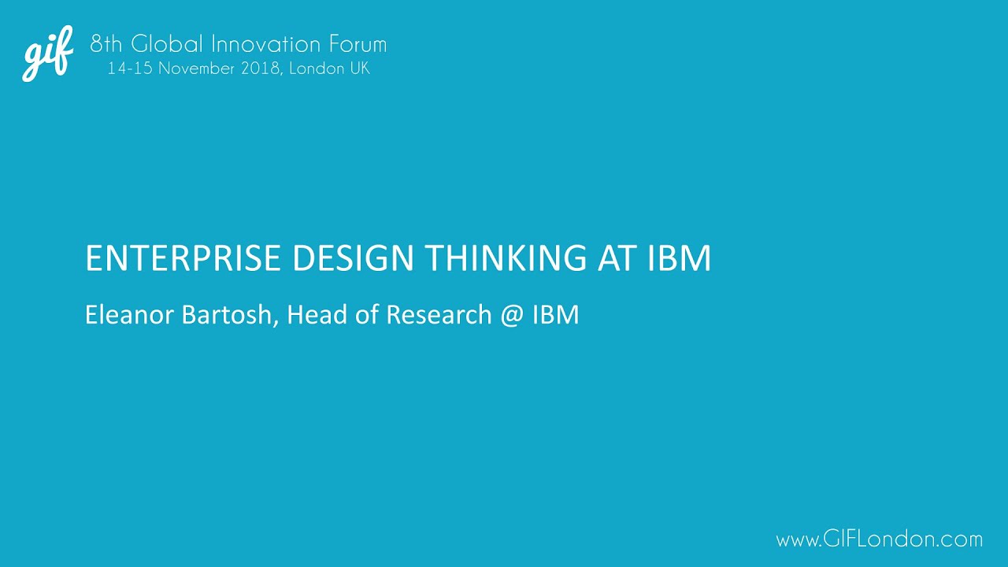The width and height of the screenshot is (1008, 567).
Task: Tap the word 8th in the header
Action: (106, 44)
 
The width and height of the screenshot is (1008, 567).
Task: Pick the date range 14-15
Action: (130, 69)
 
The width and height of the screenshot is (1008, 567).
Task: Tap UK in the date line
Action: (359, 69)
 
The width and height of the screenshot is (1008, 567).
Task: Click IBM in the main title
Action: (680, 259)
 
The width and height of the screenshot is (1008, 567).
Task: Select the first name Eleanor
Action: (130, 315)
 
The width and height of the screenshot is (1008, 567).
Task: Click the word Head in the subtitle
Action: (314, 315)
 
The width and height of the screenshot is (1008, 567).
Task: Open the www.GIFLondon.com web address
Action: (879, 539)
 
